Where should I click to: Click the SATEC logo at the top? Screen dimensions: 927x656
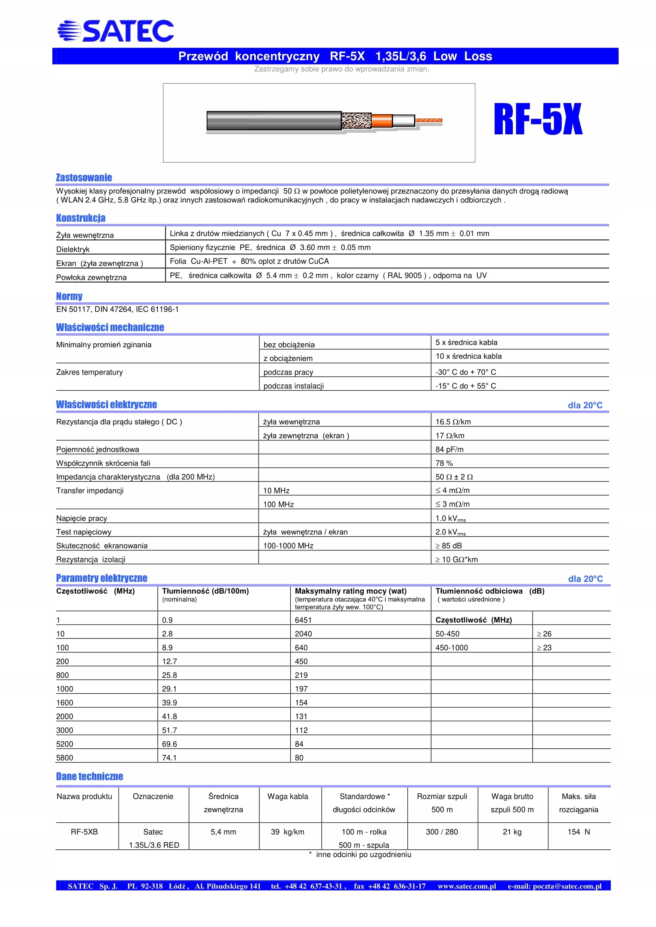tap(115, 31)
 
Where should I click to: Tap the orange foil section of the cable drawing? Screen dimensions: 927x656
tap(382, 120)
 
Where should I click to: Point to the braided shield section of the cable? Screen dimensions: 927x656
tap(356, 120)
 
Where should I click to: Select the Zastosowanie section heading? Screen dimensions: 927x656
tap(84, 178)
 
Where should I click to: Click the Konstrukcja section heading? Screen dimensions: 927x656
tap(81, 218)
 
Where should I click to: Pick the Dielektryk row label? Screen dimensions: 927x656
tap(73, 249)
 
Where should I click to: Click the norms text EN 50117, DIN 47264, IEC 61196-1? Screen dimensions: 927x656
tap(117, 309)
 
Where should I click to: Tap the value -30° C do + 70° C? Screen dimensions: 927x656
tap(465, 372)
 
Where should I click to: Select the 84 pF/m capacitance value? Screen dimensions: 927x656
tap(449, 449)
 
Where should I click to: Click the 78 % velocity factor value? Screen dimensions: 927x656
tap(444, 463)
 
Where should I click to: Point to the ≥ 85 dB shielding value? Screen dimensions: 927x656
tap(449, 545)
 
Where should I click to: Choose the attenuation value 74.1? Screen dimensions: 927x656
tap(169, 758)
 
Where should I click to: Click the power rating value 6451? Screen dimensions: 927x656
tap(303, 620)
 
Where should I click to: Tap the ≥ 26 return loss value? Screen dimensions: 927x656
tap(544, 634)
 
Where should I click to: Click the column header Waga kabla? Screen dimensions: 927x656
tap(288, 796)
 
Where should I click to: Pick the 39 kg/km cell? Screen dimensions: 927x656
tap(288, 832)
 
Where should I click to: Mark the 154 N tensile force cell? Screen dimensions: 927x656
tap(578, 832)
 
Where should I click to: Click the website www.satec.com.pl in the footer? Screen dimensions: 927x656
tap(466, 886)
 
